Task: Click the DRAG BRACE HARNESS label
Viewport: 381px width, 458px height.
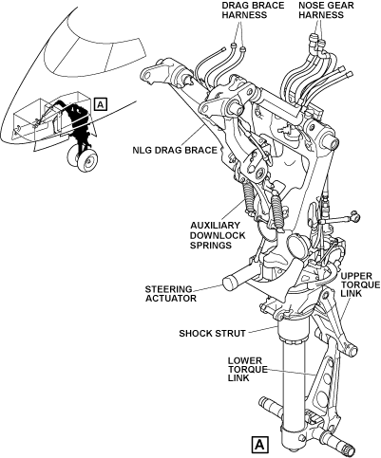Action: [x=244, y=10]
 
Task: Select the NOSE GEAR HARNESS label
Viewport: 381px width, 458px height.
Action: [x=322, y=10]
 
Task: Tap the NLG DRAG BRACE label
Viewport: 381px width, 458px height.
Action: [x=175, y=150]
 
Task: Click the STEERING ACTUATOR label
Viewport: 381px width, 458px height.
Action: [x=170, y=294]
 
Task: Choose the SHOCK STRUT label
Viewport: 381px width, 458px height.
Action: [x=212, y=334]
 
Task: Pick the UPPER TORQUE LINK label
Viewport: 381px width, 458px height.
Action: [x=360, y=284]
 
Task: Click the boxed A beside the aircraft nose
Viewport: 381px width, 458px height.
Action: [x=101, y=104]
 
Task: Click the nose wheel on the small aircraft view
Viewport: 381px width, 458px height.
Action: [x=86, y=160]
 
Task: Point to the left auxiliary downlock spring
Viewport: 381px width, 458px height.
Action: [x=249, y=197]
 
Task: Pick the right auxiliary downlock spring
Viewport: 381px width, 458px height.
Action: [x=276, y=211]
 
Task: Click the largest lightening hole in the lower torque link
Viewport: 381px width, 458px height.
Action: [x=322, y=397]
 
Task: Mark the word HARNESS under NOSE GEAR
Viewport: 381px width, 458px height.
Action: [x=321, y=15]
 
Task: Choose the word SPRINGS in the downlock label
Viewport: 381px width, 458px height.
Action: [x=211, y=246]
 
